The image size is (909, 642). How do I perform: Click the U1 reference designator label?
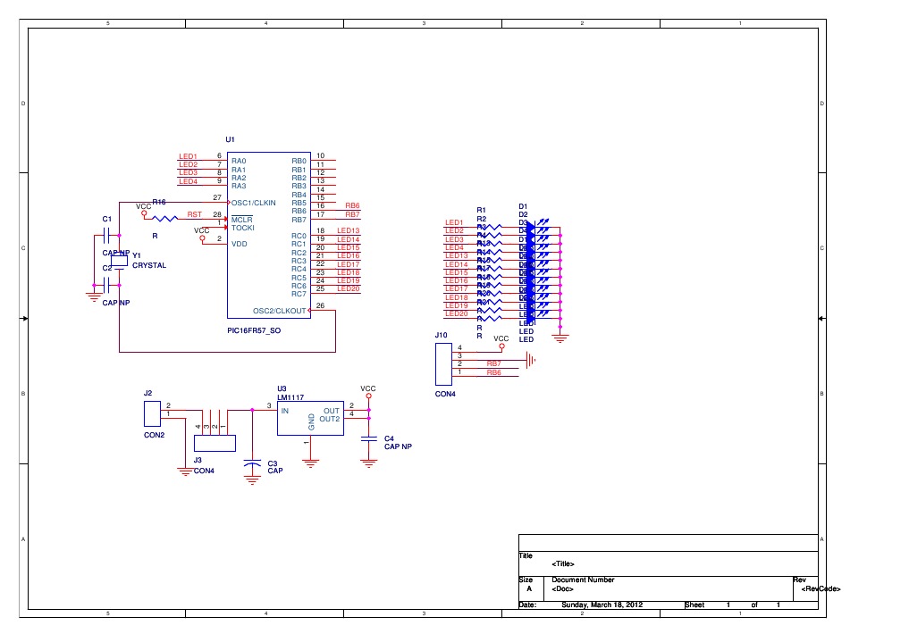point(230,139)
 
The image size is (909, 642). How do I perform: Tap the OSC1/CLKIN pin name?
point(255,202)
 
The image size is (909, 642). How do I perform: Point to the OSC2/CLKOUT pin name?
point(280,311)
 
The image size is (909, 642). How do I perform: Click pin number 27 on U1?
point(217,196)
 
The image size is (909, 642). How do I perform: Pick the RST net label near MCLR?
point(194,214)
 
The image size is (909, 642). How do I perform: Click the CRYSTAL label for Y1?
point(149,265)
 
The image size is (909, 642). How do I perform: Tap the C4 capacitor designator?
point(389,438)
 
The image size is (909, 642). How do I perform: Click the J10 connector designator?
point(442,335)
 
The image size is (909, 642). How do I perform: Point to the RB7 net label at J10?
point(493,363)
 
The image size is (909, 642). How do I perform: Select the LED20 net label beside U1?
point(348,288)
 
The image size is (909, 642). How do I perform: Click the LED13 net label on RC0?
point(348,231)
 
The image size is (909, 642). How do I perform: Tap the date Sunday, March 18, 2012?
point(601,604)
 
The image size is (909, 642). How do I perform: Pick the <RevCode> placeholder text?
point(821,588)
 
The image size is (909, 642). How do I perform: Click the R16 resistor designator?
point(159,203)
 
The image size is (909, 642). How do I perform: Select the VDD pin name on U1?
point(239,243)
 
